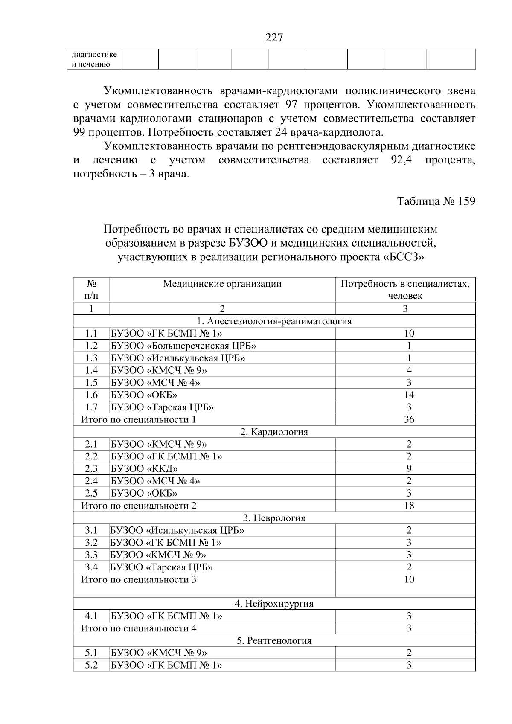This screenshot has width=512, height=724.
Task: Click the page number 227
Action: coord(274,38)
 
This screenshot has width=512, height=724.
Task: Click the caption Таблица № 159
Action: coord(436,201)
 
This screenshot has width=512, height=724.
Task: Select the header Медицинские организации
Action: coord(222,284)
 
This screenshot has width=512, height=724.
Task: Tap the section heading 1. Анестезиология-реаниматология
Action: coord(274,321)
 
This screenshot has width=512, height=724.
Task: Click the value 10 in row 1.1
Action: coord(409,334)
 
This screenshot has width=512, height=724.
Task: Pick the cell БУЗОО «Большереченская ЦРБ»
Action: coord(184,346)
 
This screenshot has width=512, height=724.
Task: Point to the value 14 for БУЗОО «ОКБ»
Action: coord(409,395)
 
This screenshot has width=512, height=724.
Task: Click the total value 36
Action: coord(409,420)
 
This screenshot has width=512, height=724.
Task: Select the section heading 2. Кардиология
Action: coord(274,432)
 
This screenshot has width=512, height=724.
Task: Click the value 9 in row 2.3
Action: coord(409,469)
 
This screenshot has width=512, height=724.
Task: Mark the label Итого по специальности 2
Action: coord(139,506)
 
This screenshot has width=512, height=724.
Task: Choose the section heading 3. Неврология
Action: coord(274,518)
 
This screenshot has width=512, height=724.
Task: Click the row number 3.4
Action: coord(91,567)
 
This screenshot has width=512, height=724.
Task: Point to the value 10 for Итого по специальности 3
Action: coord(409,580)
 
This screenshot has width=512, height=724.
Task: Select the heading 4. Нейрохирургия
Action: coord(274,604)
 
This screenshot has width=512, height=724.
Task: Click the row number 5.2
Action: coord(91,665)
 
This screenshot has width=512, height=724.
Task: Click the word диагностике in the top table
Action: coord(94,55)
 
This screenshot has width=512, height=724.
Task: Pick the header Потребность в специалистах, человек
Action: coord(405,290)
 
